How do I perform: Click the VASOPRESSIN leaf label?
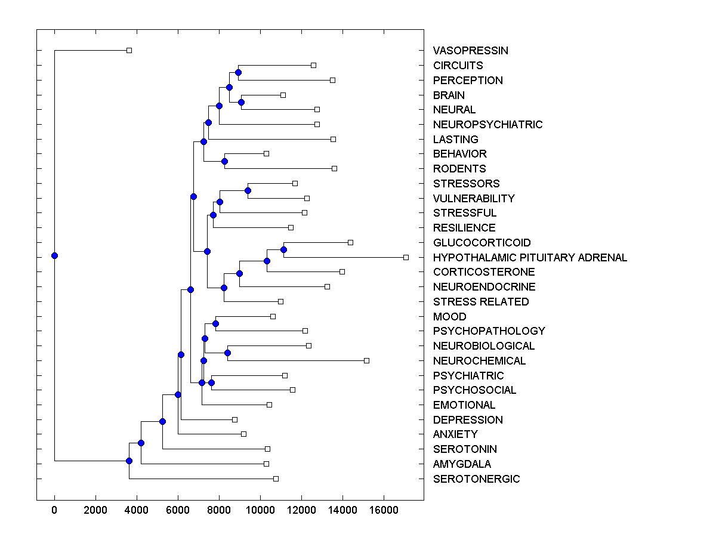point(471,51)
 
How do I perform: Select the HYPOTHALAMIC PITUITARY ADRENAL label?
point(530,258)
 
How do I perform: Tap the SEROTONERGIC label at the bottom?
point(476,479)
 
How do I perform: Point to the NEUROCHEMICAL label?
point(479,361)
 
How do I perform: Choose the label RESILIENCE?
point(464,228)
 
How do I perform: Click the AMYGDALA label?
point(462,464)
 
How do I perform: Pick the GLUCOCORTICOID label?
point(482,243)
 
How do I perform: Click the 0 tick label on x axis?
point(54,511)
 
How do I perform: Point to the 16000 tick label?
point(384,511)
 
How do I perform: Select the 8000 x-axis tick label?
point(219,511)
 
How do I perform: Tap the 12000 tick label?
point(301,511)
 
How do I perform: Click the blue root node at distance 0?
point(54,256)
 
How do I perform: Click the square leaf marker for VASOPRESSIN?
point(129,51)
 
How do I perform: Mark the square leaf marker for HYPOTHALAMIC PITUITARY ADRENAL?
point(406,257)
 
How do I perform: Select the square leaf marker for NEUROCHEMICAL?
point(366,360)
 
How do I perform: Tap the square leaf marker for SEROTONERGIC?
point(276,479)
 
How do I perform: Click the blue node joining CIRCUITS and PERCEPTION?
point(238,72)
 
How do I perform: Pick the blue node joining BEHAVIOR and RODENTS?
point(224,161)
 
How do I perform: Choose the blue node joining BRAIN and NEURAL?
point(241,102)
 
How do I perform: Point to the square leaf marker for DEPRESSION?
point(234,419)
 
